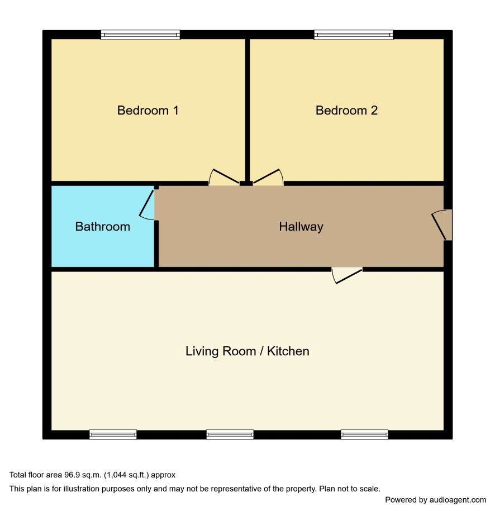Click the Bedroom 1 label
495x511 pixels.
(x=147, y=111)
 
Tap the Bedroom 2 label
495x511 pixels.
(x=346, y=111)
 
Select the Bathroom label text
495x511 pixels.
(x=102, y=227)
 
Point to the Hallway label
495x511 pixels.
(x=301, y=227)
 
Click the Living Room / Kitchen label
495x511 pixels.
(x=247, y=351)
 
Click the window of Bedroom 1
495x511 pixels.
(x=140, y=35)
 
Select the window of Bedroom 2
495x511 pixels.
(x=354, y=35)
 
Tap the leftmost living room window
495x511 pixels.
(x=113, y=434)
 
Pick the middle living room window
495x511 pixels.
(x=230, y=434)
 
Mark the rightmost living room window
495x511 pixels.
(x=365, y=434)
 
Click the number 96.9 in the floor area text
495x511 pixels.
(x=72, y=475)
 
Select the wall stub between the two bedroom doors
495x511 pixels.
(x=246, y=184)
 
